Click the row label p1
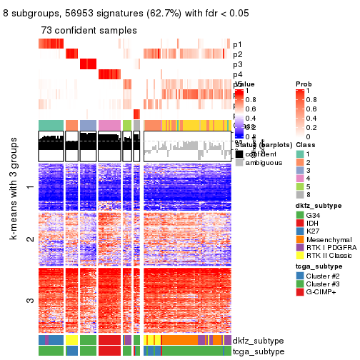[x=237, y=44]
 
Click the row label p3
[x=237, y=64]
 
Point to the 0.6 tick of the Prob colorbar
[x=312, y=109]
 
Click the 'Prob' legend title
[x=304, y=85]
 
